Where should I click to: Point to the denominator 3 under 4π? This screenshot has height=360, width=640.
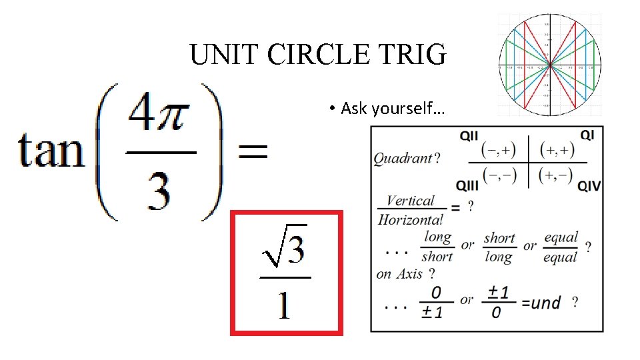tap(158, 190)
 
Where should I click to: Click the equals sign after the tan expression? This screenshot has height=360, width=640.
tap(253, 153)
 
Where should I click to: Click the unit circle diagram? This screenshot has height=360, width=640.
tap(549, 65)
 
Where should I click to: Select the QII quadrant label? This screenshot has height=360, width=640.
tap(469, 136)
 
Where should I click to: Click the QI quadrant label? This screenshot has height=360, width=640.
tap(587, 135)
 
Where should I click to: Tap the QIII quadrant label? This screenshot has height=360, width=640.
tap(467, 185)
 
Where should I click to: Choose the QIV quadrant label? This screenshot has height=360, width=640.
tap(589, 185)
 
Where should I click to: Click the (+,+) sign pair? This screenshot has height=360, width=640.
tap(557, 150)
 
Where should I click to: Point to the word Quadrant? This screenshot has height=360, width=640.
tap(403, 159)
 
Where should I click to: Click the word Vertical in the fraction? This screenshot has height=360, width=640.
tap(410, 201)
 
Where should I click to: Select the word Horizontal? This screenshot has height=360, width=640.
tap(410, 219)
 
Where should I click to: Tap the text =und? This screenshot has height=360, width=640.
tap(541, 303)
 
